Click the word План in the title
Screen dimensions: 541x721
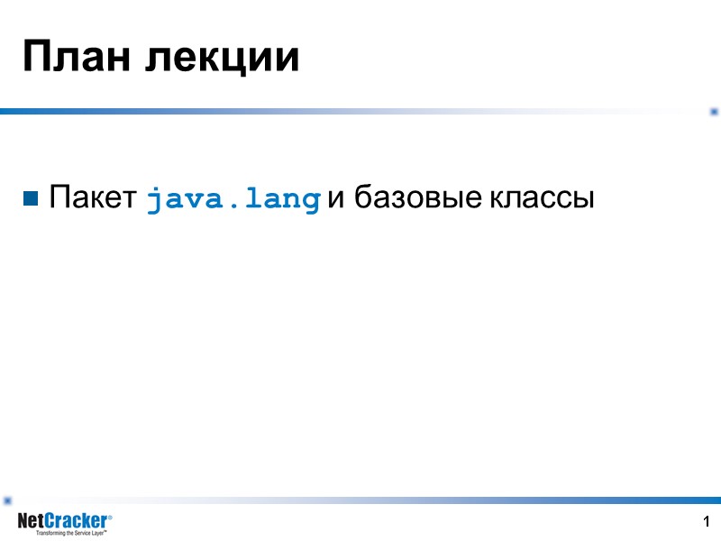point(78,58)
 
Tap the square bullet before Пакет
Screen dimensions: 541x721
point(32,198)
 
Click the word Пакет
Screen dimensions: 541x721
point(92,198)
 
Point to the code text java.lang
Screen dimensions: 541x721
point(233,199)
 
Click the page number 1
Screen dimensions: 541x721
point(707,522)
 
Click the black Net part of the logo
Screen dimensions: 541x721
point(32,521)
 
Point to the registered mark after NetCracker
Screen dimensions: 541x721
point(110,517)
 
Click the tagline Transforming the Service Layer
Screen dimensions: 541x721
point(71,534)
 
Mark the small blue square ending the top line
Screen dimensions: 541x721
point(714,111)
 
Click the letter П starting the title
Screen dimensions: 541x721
point(34,58)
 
